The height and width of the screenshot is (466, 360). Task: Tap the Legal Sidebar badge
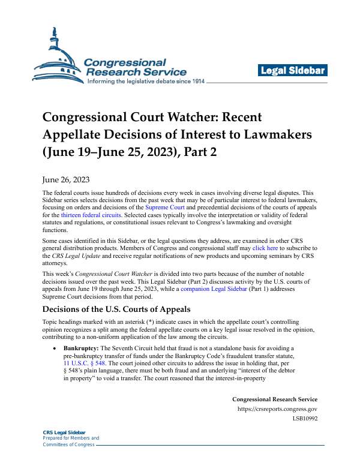tap(293, 71)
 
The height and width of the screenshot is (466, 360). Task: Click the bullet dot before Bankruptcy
tap(55, 348)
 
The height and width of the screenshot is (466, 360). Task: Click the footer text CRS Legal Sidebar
tap(64, 432)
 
